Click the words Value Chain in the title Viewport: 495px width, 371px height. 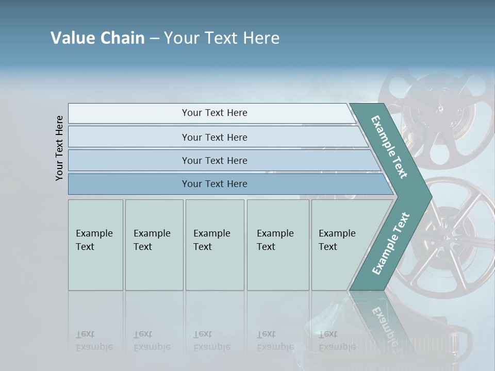(97, 38)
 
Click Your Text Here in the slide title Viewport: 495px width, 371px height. (222, 38)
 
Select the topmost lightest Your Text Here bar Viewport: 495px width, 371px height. (214, 113)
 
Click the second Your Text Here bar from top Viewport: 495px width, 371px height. (214, 137)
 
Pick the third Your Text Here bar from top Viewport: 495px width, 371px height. (214, 160)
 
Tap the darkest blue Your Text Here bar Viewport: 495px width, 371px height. (214, 184)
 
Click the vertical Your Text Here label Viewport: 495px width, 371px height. (59, 148)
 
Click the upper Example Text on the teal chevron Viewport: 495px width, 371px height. (389, 147)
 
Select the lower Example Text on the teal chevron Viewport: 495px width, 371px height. (390, 244)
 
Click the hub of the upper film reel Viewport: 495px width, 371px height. (440, 108)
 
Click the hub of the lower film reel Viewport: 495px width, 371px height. (444, 238)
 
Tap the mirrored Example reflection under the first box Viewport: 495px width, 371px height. (94, 347)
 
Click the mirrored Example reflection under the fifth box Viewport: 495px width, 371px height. (337, 347)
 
